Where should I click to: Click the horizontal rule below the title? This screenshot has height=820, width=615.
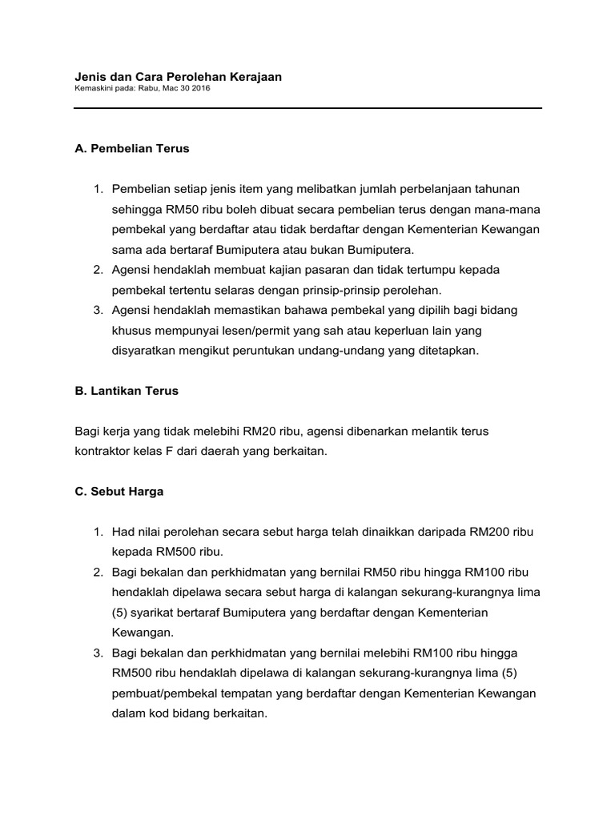point(307,109)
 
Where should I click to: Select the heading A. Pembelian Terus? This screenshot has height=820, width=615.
point(131,148)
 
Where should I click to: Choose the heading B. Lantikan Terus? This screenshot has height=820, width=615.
point(127,391)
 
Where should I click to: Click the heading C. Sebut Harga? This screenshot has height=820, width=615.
point(119,492)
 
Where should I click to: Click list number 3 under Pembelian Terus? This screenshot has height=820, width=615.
point(98,310)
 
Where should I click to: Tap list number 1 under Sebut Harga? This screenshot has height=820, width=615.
point(98,532)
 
